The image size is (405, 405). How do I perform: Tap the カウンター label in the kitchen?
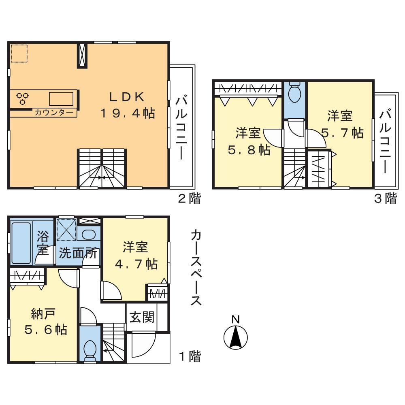pyautogui.click(x=54, y=113)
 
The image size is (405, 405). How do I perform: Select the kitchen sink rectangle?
pyautogui.click(x=61, y=98)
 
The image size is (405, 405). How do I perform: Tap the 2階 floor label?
pyautogui.click(x=189, y=199)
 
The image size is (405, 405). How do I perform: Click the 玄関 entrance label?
pyautogui.click(x=142, y=317)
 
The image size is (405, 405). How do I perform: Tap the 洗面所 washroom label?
pyautogui.click(x=78, y=253)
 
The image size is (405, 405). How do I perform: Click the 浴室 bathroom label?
pyautogui.click(x=43, y=242)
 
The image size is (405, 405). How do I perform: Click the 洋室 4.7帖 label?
pyautogui.click(x=135, y=255)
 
